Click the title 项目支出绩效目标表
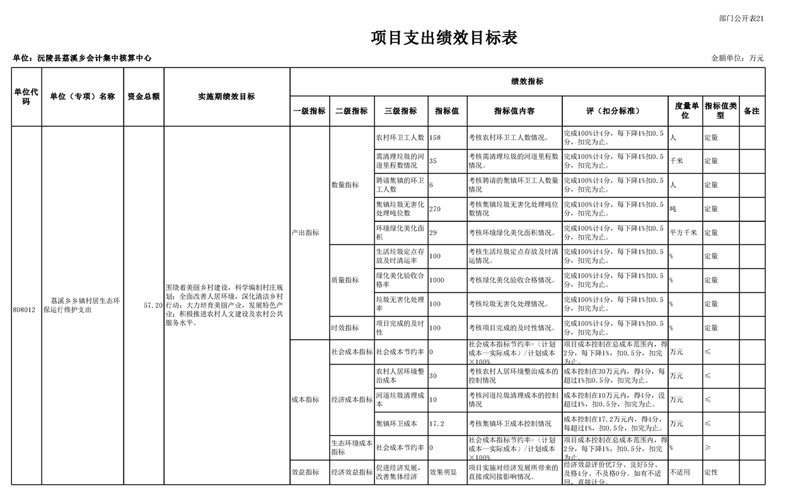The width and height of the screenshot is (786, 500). click(x=444, y=38)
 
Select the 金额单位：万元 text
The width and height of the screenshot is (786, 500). click(x=737, y=58)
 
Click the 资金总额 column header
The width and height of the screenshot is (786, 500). click(x=144, y=96)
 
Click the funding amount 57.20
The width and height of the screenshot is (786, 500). click(x=153, y=305)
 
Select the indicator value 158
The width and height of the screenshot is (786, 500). click(x=435, y=137)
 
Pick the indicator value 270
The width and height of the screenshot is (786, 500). click(x=435, y=209)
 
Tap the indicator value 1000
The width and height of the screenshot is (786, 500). click(x=437, y=280)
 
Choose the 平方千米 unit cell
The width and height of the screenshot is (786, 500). click(x=683, y=233)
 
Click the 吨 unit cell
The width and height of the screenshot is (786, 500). click(x=673, y=209)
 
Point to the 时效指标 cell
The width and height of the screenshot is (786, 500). click(x=345, y=328)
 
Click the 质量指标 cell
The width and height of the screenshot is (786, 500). click(x=345, y=280)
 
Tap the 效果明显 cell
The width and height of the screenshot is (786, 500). click(x=443, y=472)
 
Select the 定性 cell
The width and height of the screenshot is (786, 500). click(x=711, y=472)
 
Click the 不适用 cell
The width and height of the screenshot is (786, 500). click(x=679, y=472)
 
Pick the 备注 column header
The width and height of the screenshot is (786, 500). click(x=751, y=111)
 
